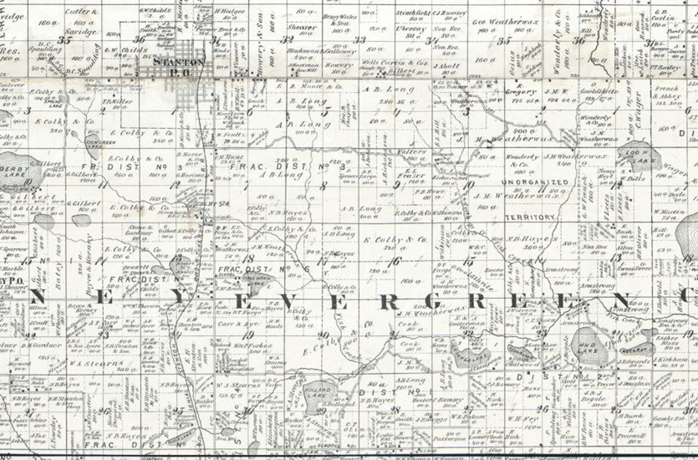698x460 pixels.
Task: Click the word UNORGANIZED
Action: (x=534, y=182)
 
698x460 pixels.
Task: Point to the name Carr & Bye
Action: (x=238, y=324)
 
